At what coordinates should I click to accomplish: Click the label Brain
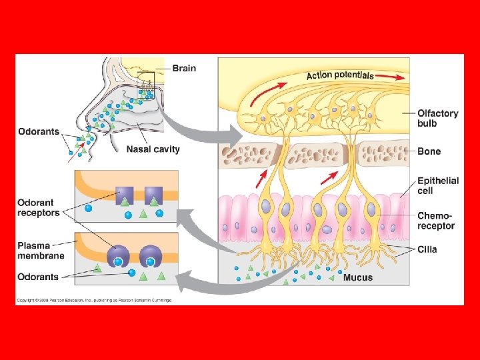click(x=184, y=68)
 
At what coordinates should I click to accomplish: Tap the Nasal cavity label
click(x=153, y=149)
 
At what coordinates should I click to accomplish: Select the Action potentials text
click(x=340, y=75)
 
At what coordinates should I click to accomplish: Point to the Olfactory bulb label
click(x=437, y=118)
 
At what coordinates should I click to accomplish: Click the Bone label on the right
click(x=429, y=151)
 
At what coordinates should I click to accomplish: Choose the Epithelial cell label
click(x=438, y=185)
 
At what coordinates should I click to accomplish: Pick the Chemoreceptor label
click(x=436, y=221)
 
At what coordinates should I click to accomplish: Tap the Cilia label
click(x=429, y=250)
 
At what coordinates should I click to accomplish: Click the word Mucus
click(x=358, y=277)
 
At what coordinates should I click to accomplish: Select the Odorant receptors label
click(x=38, y=207)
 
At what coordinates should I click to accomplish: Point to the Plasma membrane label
click(x=41, y=250)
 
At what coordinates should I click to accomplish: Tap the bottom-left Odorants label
click(x=38, y=277)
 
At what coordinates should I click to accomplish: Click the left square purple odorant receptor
click(x=125, y=196)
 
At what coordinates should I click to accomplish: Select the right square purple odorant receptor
click(x=154, y=196)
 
